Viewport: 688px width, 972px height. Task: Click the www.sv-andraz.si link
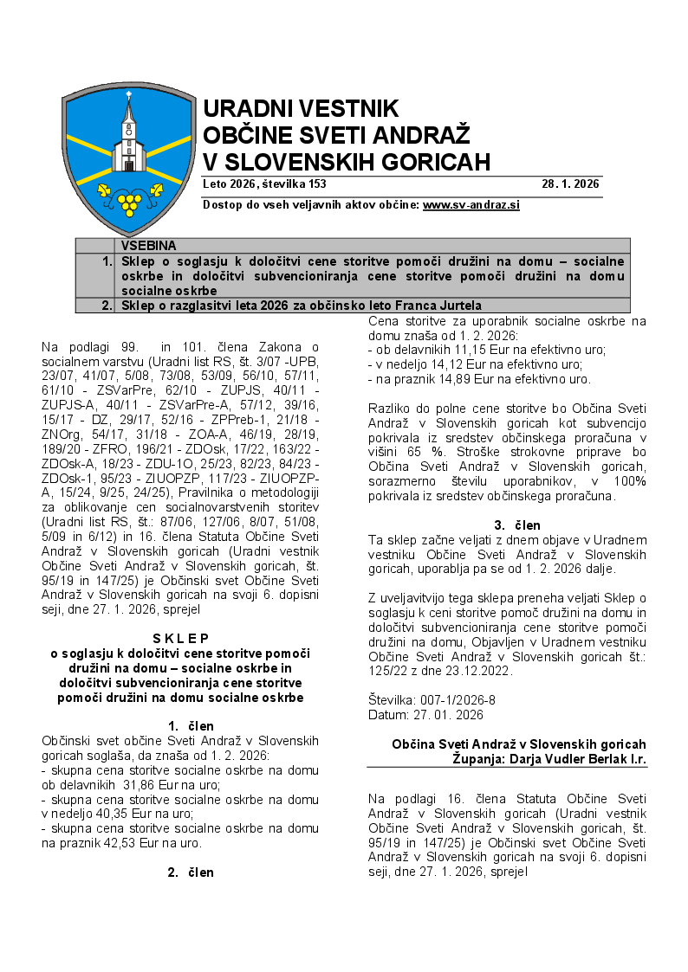471,205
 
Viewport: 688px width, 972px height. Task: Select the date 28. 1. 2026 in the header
571,184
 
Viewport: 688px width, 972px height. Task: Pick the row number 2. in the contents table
106,305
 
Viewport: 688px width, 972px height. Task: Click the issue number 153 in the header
316,184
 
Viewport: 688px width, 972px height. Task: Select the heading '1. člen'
191,725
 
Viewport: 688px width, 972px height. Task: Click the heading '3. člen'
516,525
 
